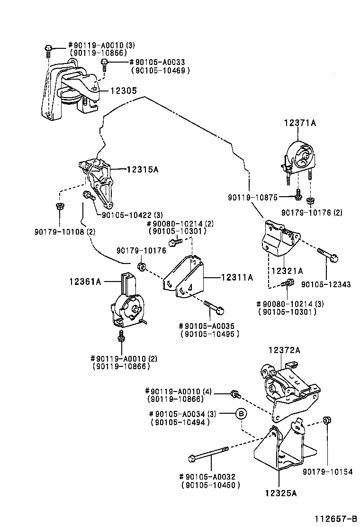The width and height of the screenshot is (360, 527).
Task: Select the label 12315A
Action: pyautogui.click(x=142, y=168)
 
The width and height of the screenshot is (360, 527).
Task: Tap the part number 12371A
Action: pyautogui.click(x=300, y=123)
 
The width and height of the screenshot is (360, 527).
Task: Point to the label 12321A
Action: pyautogui.click(x=287, y=271)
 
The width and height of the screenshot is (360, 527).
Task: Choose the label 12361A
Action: pyautogui.click(x=85, y=282)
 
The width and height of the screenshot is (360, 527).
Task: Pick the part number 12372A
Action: pyautogui.click(x=285, y=350)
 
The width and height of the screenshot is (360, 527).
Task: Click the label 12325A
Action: pyautogui.click(x=281, y=493)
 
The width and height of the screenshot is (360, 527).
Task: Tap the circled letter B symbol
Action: pyautogui.click(x=241, y=414)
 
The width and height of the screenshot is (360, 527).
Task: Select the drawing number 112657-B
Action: pyautogui.click(x=333, y=519)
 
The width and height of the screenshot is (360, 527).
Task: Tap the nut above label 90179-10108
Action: pyautogui.click(x=60, y=206)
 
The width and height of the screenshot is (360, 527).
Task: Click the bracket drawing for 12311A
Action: pyautogui.click(x=185, y=277)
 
